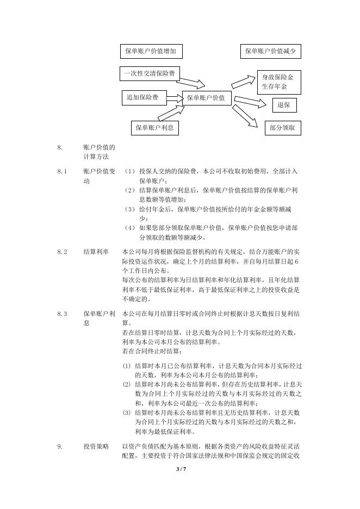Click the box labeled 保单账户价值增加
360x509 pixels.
tap(151, 52)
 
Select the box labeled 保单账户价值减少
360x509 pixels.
tap(271, 52)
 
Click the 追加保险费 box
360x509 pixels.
tap(143, 98)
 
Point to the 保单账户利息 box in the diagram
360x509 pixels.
tap(155, 128)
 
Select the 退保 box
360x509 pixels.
tap(284, 104)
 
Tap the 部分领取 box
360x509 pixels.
tap(282, 128)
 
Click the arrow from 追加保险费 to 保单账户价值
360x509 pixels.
tap(174, 98)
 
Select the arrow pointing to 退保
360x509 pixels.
tap(252, 102)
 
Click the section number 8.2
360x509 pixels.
tap(61, 252)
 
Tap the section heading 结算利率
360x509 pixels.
tap(95, 252)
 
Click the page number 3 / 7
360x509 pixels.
tap(181, 468)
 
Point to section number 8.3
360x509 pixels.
tap(61, 314)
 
